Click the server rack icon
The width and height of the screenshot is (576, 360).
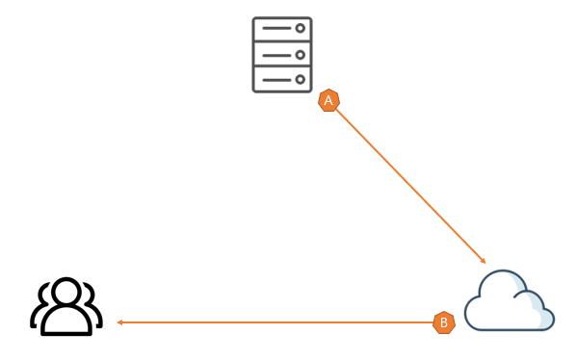(x=282, y=55)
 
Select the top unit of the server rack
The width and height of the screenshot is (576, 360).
(x=282, y=29)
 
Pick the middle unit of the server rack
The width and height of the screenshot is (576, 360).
(x=282, y=55)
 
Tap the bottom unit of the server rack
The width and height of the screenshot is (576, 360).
(x=282, y=79)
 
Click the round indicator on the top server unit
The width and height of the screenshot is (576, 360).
(x=301, y=28)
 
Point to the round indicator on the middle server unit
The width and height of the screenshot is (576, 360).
(x=301, y=55)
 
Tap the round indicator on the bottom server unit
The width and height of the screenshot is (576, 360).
(x=301, y=79)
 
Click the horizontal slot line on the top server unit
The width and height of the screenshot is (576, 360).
(x=276, y=28)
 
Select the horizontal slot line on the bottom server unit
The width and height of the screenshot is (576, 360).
(x=276, y=80)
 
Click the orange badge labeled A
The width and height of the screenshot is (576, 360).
(x=328, y=100)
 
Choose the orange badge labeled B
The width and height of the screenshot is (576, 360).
(x=444, y=322)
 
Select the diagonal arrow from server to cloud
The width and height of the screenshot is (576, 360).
(x=411, y=187)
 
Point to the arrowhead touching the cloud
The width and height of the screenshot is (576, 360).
(x=484, y=261)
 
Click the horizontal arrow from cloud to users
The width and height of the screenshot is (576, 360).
(x=275, y=322)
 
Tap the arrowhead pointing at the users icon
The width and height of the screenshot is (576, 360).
(x=119, y=322)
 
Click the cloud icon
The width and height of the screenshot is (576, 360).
(x=510, y=300)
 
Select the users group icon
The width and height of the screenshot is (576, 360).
(x=66, y=306)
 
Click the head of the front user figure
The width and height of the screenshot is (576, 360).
(x=66, y=291)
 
